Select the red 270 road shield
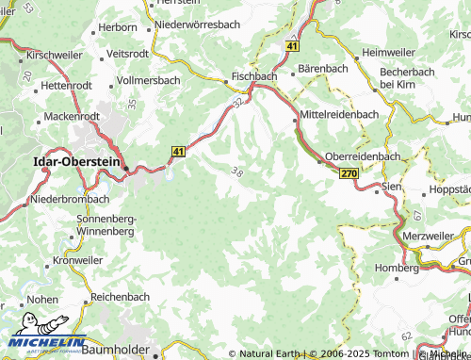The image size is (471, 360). point(349,174)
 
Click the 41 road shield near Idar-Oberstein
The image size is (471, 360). point(178,151)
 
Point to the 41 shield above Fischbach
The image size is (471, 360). point(293,45)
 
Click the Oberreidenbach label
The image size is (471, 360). point(363,156)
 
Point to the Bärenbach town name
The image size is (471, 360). point(323,69)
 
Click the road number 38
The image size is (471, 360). point(237,171)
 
